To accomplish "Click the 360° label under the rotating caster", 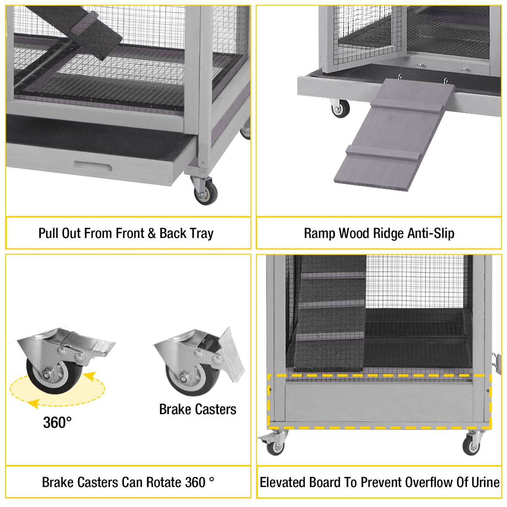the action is click(x=57, y=423).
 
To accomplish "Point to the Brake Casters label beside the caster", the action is click(x=198, y=409).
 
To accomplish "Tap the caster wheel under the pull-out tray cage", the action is click(x=206, y=193).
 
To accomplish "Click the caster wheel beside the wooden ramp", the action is click(x=340, y=109).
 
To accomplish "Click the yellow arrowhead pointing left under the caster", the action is click(x=34, y=403).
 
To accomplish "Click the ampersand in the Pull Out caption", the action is click(x=152, y=233).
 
